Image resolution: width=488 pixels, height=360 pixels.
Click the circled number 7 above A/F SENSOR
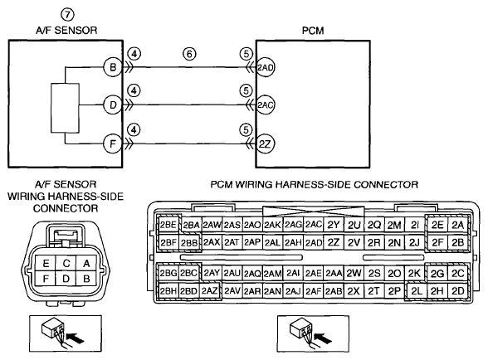[x=67, y=15]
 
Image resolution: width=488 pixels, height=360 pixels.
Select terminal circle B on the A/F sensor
[x=113, y=67]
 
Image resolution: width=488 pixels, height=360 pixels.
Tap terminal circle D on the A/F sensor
[x=113, y=105]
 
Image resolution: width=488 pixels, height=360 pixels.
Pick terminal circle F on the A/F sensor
[x=113, y=144]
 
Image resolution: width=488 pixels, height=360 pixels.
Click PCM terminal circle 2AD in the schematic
[x=266, y=67]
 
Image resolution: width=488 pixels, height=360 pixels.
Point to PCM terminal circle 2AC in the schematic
[x=266, y=105]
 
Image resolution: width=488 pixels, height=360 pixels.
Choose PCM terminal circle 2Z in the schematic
[x=266, y=144]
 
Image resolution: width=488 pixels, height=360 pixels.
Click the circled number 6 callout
[x=189, y=54]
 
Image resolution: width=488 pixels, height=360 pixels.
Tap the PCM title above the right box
[x=313, y=31]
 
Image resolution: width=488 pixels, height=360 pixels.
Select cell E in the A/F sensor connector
[x=46, y=264]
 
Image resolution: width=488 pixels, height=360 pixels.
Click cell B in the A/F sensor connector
[x=86, y=279]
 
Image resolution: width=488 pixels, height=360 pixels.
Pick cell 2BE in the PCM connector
[x=168, y=225]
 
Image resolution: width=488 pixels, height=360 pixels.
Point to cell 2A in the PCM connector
[x=457, y=225]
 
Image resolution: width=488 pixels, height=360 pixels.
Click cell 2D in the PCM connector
[x=457, y=291]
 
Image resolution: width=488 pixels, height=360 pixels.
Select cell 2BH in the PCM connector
[x=168, y=291]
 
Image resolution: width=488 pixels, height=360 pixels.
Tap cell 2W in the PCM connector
[x=354, y=273]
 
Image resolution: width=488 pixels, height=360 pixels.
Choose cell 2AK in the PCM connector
[x=272, y=225]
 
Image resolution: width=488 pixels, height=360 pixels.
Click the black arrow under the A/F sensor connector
[x=76, y=338]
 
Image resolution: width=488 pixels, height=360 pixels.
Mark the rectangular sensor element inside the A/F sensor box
[x=65, y=108]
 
